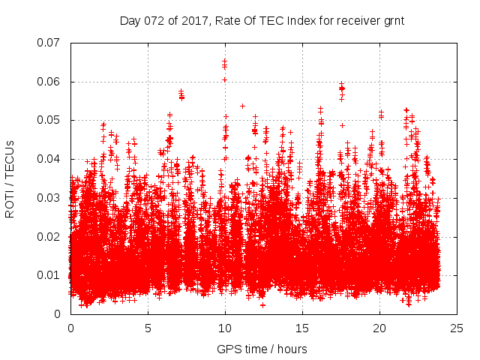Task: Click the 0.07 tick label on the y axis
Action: tap(49, 43)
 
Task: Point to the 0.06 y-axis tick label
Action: tap(49, 82)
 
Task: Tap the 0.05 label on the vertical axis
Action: tap(49, 120)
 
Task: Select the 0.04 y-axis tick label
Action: tap(49, 159)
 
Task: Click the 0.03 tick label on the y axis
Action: tap(49, 198)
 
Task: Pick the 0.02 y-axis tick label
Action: tap(49, 237)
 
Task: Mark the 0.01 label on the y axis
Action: tap(49, 275)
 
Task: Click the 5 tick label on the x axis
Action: tap(148, 328)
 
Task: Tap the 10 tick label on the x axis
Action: tap(225, 328)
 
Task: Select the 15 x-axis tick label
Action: tap(302, 328)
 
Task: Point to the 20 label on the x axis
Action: tap(379, 328)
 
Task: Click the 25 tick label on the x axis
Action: tap(457, 328)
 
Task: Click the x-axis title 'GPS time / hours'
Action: tap(262, 349)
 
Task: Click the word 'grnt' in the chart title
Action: tap(393, 20)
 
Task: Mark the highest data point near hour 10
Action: tap(224, 61)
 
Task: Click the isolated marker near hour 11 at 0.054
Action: tap(242, 106)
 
